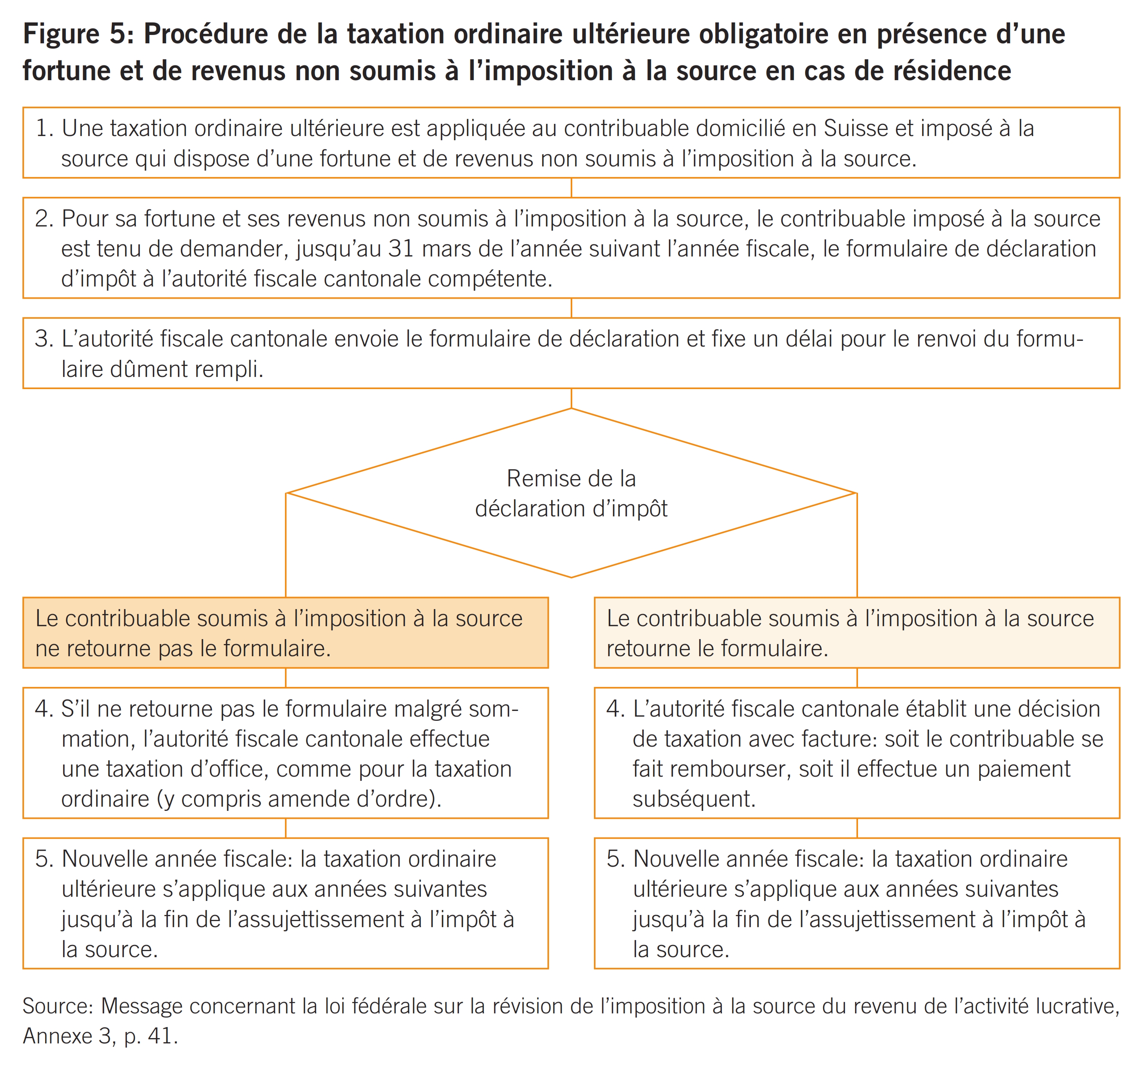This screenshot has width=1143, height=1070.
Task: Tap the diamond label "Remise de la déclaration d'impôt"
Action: [571, 493]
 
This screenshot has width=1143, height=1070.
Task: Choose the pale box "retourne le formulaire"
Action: [856, 632]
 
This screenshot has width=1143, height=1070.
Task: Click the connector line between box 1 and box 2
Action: [571, 187]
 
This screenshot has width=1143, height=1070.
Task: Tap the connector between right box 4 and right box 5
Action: [856, 828]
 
